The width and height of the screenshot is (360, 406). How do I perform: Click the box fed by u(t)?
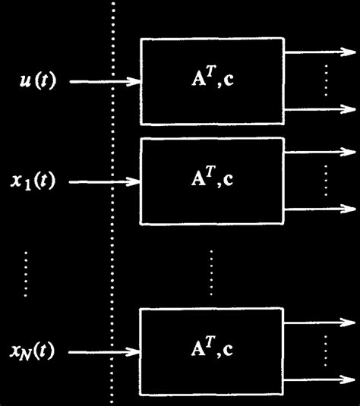212,81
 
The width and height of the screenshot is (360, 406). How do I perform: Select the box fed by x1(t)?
212,181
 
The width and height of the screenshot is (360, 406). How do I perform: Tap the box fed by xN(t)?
212,351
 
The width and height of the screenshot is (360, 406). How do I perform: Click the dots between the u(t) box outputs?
325,81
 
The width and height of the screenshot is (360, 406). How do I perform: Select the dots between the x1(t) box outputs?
325,181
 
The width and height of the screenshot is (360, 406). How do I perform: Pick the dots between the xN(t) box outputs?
325,351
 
